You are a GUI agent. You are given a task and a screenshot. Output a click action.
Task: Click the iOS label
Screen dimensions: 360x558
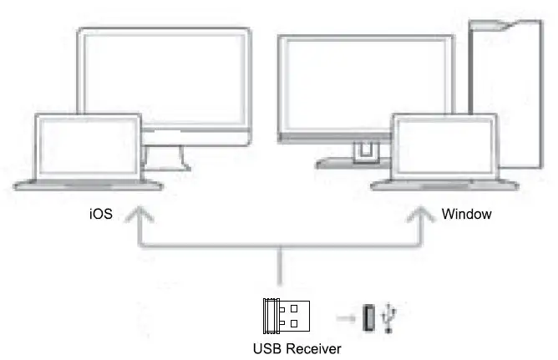(100, 215)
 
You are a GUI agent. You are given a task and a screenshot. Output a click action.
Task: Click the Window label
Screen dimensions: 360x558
(466, 215)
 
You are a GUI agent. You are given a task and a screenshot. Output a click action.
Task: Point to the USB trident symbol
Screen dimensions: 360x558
(390, 319)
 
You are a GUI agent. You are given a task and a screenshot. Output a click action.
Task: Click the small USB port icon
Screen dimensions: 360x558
(369, 317)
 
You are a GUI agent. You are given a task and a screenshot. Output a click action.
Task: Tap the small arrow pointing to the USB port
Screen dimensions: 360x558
(344, 317)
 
